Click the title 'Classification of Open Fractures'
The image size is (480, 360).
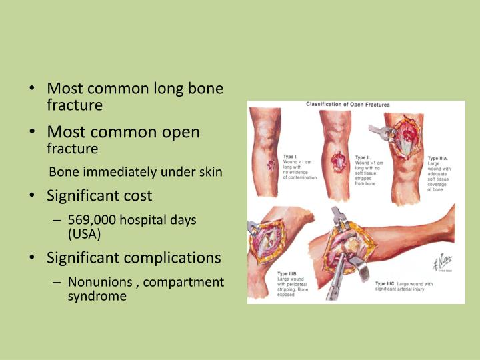click(x=348, y=105)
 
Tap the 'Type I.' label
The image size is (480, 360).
click(x=291, y=156)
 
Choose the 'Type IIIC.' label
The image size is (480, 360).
click(x=387, y=284)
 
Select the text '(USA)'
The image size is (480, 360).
click(x=84, y=234)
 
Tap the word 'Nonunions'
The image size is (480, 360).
click(x=99, y=282)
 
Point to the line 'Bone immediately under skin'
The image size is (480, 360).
click(x=136, y=172)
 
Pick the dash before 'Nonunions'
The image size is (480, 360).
click(x=58, y=282)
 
